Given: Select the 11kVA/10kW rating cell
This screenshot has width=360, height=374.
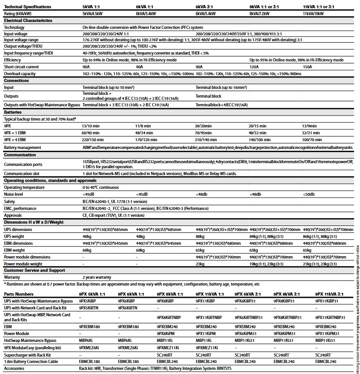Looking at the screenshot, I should [313, 14].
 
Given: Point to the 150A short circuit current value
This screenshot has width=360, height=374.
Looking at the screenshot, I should [307, 67].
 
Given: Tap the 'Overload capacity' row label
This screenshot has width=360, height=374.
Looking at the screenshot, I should [20, 73].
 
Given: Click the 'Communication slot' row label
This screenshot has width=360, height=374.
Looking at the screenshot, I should [22, 174].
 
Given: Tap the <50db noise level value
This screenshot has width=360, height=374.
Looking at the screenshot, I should [309, 194].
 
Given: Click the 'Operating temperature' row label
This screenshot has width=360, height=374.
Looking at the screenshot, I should [25, 187].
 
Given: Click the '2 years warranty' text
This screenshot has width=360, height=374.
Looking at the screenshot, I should [97, 277].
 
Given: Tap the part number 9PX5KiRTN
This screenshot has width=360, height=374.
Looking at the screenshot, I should [93, 308].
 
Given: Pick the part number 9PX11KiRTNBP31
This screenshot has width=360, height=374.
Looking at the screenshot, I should [330, 317].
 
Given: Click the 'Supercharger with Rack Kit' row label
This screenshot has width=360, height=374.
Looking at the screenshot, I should [27, 355].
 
